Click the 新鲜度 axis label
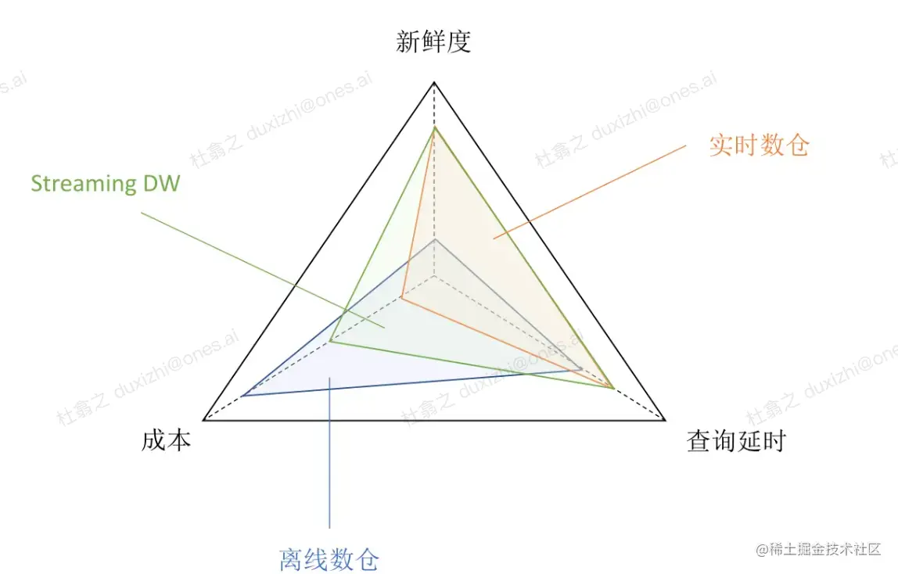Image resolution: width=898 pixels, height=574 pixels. (433, 41)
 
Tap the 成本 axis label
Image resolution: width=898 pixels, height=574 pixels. (167, 441)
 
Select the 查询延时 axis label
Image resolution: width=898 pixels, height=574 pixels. (735, 442)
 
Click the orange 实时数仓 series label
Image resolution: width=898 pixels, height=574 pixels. (759, 145)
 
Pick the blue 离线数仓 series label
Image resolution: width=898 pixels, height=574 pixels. (329, 558)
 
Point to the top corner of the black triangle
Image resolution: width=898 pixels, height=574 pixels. (433, 81)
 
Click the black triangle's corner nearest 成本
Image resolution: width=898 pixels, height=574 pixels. (203, 420)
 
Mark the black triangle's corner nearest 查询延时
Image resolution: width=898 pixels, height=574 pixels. (664, 420)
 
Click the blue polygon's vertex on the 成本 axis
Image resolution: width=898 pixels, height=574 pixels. (242, 396)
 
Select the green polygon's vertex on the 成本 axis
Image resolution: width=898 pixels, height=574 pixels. (331, 342)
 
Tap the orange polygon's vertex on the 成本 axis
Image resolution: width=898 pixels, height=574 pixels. (402, 297)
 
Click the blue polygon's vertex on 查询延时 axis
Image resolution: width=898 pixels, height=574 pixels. (582, 368)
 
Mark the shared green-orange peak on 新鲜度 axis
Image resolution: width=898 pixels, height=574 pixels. (433, 127)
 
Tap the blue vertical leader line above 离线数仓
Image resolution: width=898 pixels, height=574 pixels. (329, 454)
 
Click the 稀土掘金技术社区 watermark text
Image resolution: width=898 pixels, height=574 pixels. (824, 550)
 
